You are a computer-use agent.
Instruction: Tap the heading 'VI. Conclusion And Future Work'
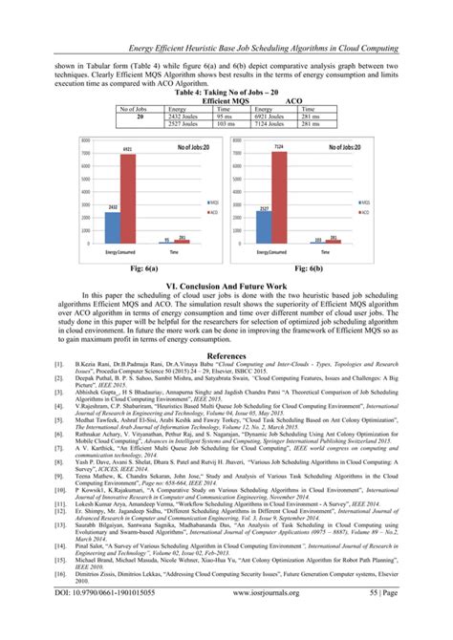(226, 286)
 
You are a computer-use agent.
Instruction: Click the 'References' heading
(226, 352)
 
